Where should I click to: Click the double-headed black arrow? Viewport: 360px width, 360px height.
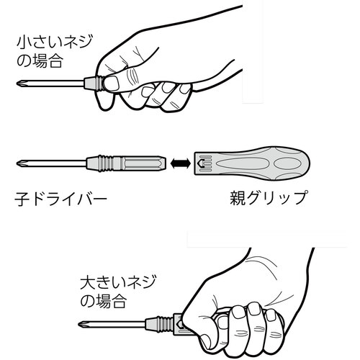180,163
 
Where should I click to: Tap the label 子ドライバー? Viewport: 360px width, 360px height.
60,199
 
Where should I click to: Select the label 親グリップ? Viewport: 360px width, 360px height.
269,198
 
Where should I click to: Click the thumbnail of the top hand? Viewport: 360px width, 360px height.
112,83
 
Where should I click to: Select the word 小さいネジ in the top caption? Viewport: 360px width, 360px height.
55,41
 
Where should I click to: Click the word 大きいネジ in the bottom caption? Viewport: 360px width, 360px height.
118,282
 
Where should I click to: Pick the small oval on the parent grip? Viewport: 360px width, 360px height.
287,163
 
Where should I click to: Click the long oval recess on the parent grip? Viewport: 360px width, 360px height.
241,163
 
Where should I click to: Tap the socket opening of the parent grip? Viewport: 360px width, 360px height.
201,163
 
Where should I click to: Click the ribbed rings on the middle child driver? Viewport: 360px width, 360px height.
106,163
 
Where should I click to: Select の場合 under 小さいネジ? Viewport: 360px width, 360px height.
40,60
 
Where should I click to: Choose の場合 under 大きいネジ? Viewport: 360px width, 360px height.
103,302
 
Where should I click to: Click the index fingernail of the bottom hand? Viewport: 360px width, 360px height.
223,322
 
